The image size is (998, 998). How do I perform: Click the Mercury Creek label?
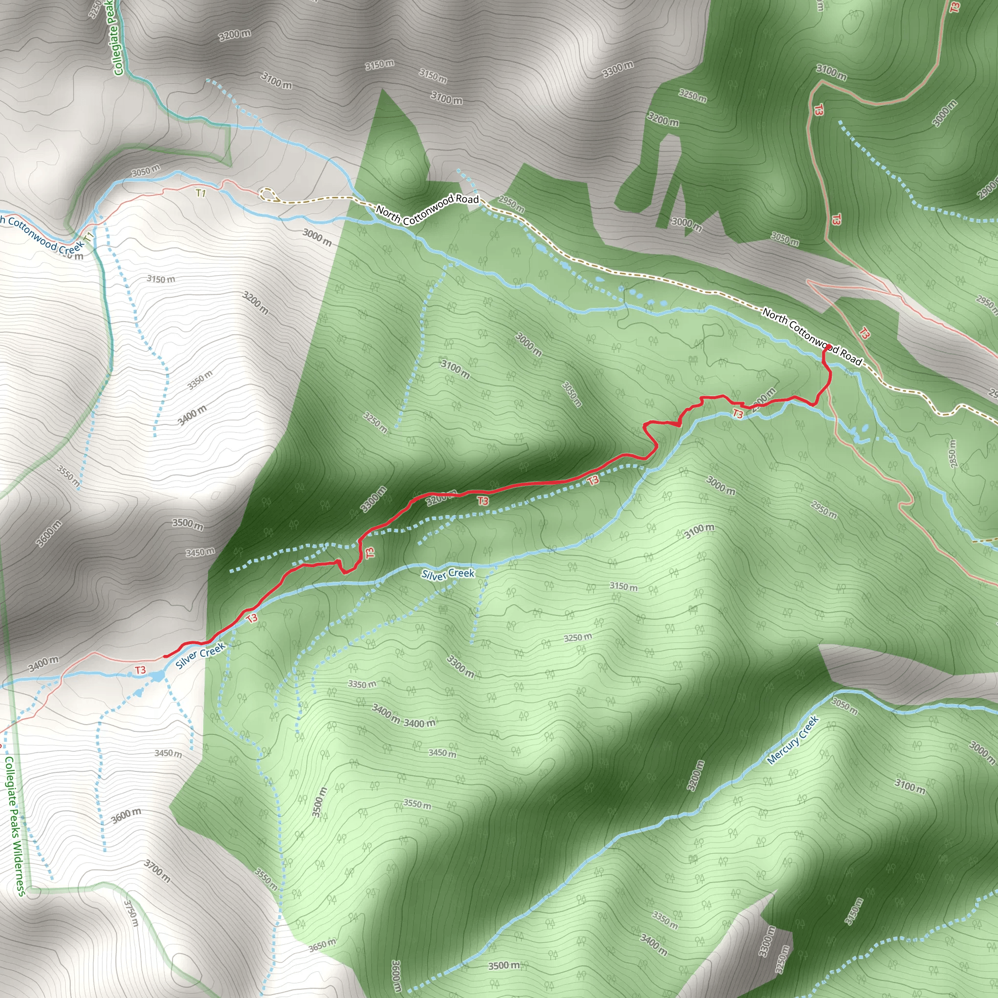pyautogui.click(x=793, y=740)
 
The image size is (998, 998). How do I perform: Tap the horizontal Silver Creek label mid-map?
pyautogui.click(x=447, y=574)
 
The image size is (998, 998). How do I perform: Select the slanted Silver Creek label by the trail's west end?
pyautogui.click(x=200, y=655)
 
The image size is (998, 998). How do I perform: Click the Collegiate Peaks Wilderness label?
pyautogui.click(x=14, y=826)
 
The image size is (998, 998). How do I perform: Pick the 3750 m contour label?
pyautogui.click(x=131, y=913)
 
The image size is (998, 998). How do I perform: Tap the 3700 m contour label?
pyautogui.click(x=156, y=871)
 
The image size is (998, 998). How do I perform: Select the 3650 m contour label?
pyautogui.click(x=322, y=945)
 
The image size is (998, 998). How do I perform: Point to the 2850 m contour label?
pyautogui.click(x=953, y=454)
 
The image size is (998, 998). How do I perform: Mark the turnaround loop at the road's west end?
pyautogui.click(x=267, y=195)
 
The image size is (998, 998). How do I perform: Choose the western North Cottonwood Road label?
pyautogui.click(x=427, y=209)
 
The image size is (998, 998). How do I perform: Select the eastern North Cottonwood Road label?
pyautogui.click(x=812, y=337)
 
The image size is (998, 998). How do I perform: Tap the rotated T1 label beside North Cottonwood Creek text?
pyautogui.click(x=89, y=238)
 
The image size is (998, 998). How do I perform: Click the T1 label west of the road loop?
pyautogui.click(x=200, y=193)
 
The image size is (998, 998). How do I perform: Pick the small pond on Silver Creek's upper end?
pyautogui.click(x=157, y=676)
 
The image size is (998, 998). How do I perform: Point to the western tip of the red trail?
pyautogui.click(x=165, y=656)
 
